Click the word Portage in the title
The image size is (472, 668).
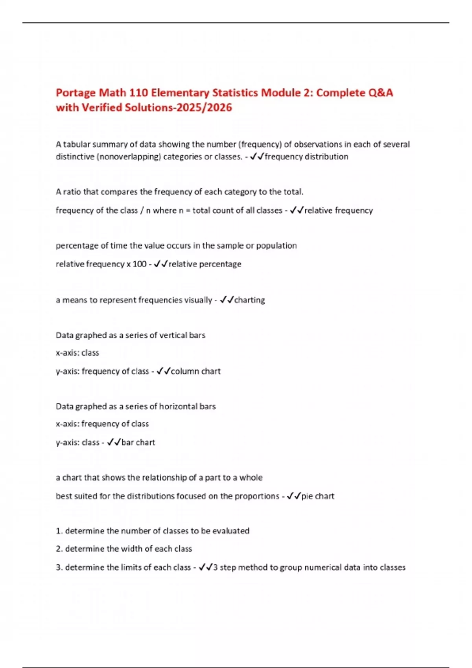coord(76,93)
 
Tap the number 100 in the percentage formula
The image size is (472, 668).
coord(139,264)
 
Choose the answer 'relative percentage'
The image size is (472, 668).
coord(205,264)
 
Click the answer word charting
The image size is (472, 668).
coord(249,300)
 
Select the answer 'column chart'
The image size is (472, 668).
coord(195,371)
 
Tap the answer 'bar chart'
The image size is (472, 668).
coord(138,442)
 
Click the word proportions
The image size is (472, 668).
coord(256,496)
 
